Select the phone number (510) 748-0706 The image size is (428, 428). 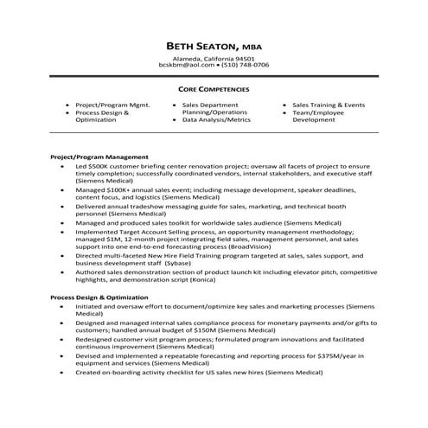[245, 66]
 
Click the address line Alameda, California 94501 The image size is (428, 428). [214, 58]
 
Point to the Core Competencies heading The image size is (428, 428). [214, 89]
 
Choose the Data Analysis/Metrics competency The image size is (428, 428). [216, 120]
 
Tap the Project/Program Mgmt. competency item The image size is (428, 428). [112, 105]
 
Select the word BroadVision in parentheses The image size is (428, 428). [313, 245]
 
